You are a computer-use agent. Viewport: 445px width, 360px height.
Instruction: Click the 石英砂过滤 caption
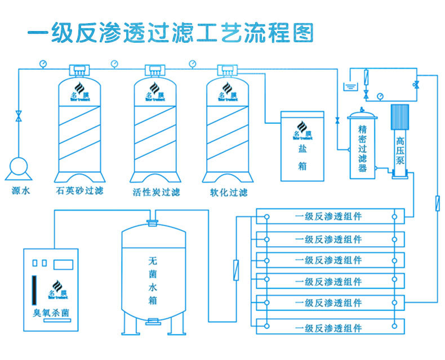[x=80, y=192]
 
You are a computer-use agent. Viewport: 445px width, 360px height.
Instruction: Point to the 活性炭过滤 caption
[x=157, y=192]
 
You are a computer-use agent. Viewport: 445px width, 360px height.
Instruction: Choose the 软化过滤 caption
[x=229, y=192]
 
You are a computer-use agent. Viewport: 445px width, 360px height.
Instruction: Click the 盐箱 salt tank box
[x=302, y=146]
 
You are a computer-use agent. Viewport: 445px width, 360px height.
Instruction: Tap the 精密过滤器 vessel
[x=363, y=144]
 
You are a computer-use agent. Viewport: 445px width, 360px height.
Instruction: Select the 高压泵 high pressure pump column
[x=400, y=141]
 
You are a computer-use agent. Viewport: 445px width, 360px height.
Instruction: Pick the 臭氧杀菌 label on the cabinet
[x=52, y=312]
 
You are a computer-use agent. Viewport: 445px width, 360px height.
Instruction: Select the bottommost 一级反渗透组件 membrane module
[x=328, y=327]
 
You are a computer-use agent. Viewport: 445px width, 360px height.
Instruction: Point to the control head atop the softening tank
[x=228, y=70]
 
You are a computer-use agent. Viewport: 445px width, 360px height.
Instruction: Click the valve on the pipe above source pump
[x=19, y=117]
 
